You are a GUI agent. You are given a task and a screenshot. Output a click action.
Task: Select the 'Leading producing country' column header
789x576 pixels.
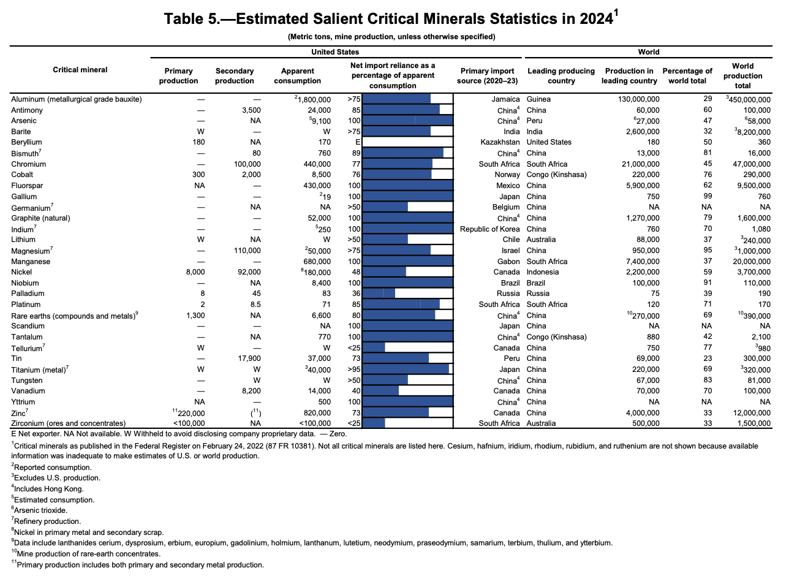(x=561, y=76)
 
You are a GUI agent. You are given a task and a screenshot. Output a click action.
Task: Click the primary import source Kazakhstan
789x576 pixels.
(x=500, y=142)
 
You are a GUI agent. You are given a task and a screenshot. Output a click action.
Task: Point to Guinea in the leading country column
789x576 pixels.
(x=538, y=99)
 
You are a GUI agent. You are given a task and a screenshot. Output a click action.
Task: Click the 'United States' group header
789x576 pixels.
(x=335, y=52)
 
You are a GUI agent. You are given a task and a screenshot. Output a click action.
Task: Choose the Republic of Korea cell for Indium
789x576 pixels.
(x=490, y=229)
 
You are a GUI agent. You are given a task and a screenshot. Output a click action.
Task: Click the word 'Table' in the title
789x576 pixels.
(x=183, y=20)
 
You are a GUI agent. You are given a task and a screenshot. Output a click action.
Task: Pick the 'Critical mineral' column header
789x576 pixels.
(x=80, y=70)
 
